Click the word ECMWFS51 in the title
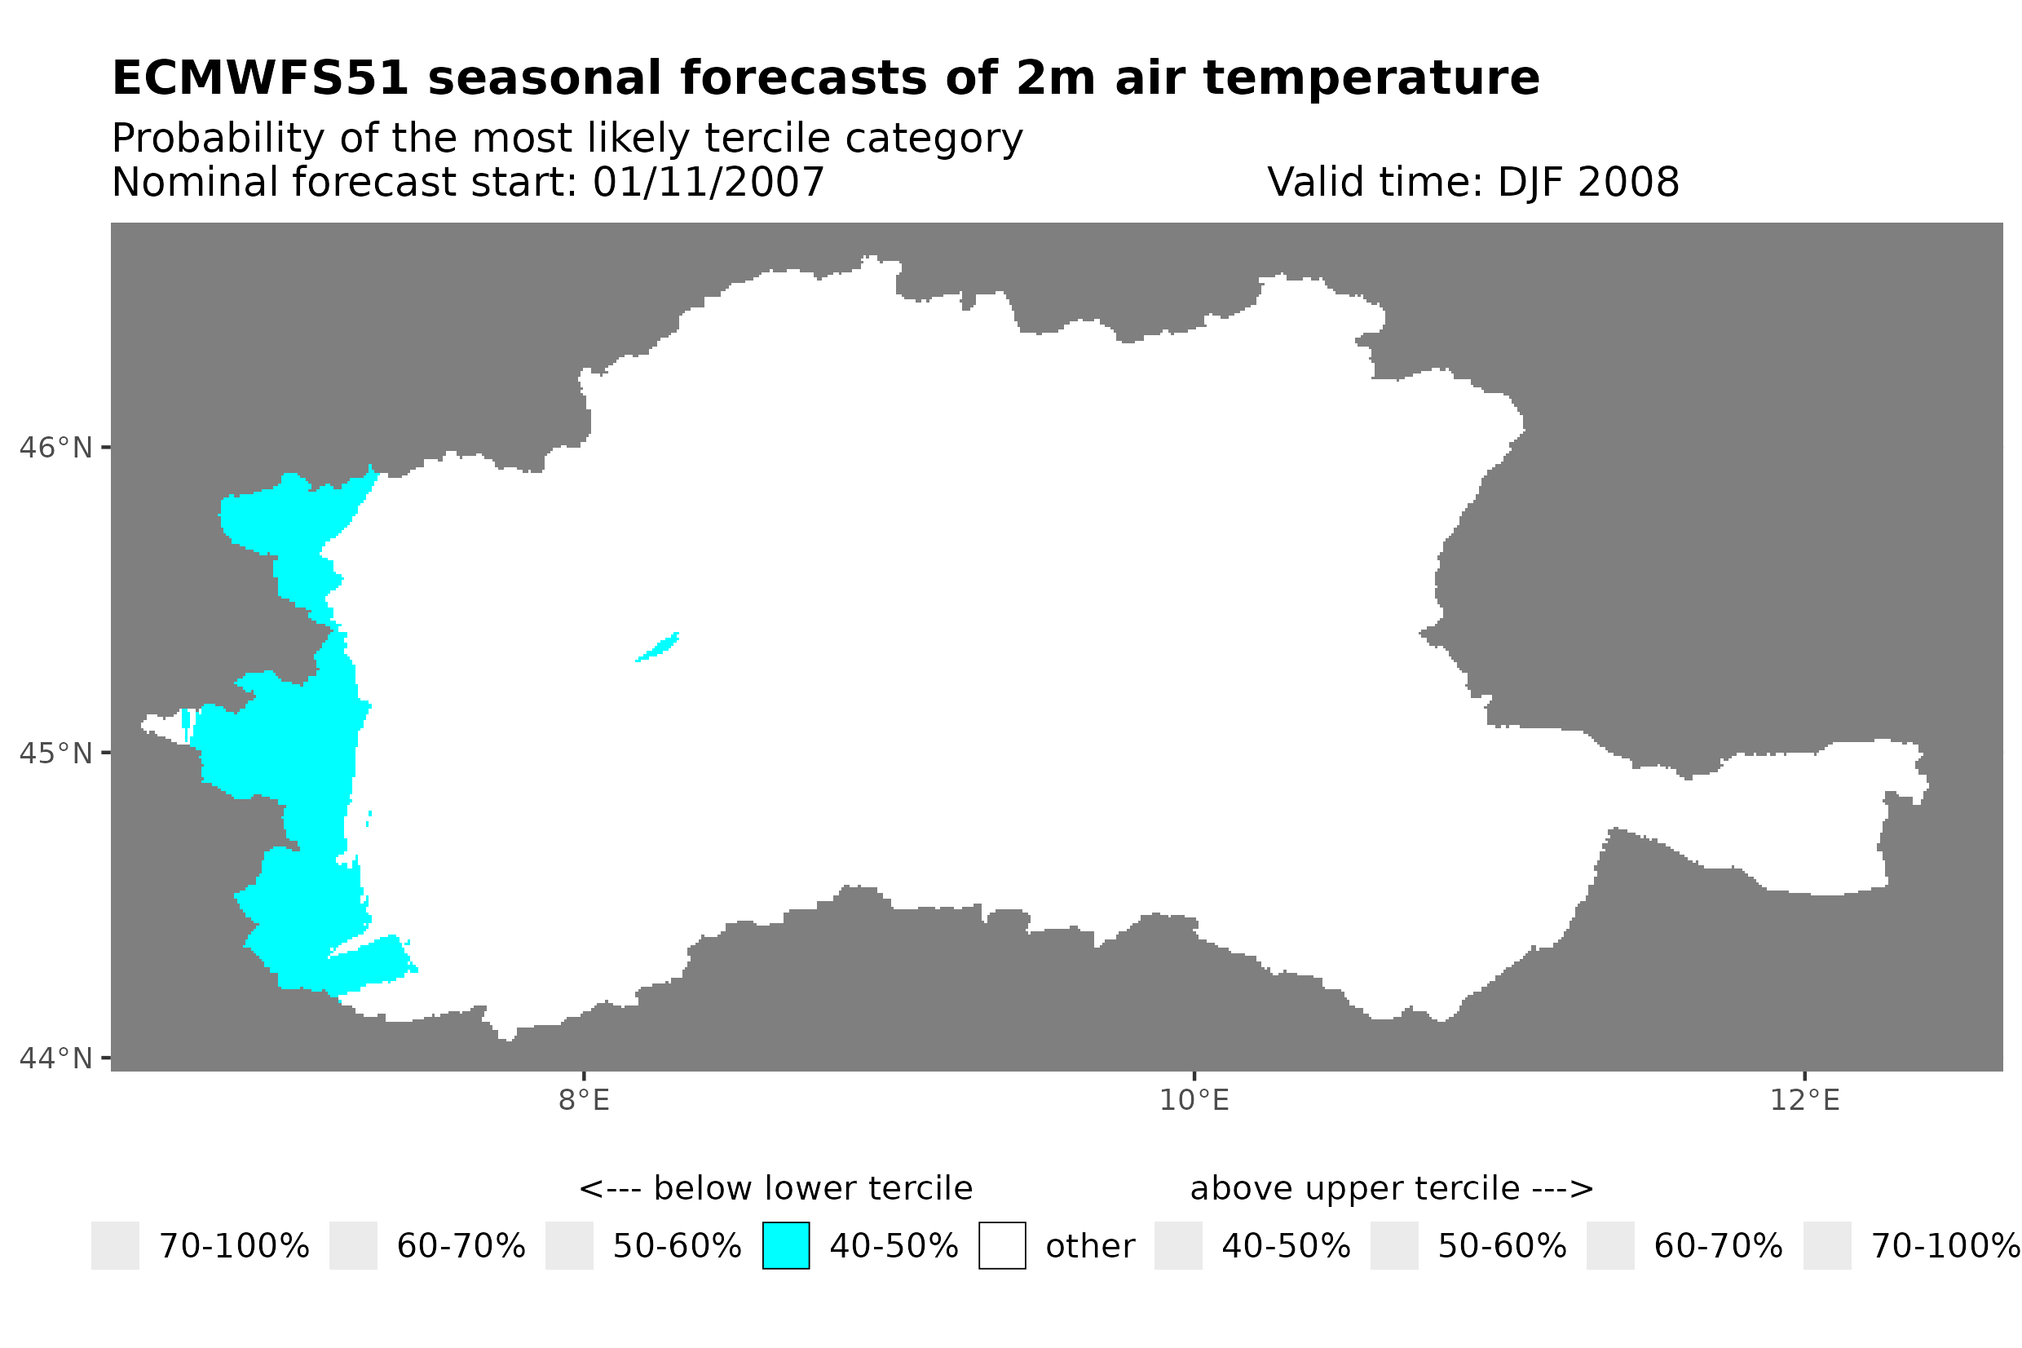[259, 78]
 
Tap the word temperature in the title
[1371, 78]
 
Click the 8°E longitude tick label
[584, 1100]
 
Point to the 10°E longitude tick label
[1194, 1100]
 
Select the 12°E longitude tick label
[1804, 1100]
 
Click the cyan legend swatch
[785, 1246]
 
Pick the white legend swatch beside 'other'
[1002, 1246]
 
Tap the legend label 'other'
[1089, 1247]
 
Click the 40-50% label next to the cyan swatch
[893, 1247]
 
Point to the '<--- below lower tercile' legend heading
[775, 1189]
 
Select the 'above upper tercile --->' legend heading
[1391, 1189]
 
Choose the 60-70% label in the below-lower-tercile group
[461, 1247]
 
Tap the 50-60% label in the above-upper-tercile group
[1502, 1247]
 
